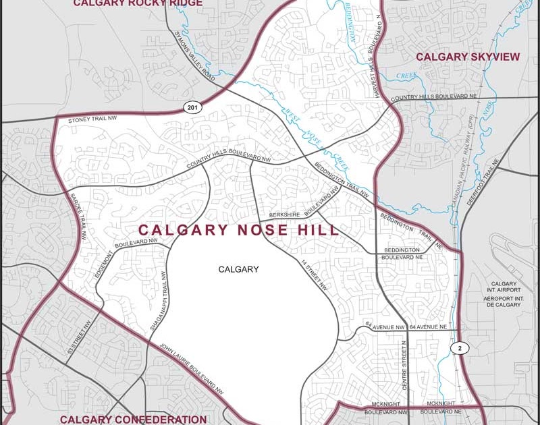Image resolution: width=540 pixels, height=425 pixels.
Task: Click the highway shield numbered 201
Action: [x=192, y=108]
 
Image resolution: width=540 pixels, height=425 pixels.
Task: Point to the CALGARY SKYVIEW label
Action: [x=467, y=57]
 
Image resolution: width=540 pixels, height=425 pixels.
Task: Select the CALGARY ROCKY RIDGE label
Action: [x=138, y=3]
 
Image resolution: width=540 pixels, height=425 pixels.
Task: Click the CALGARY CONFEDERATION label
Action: [x=132, y=420]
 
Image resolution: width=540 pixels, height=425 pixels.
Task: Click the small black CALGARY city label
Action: [x=238, y=269]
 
